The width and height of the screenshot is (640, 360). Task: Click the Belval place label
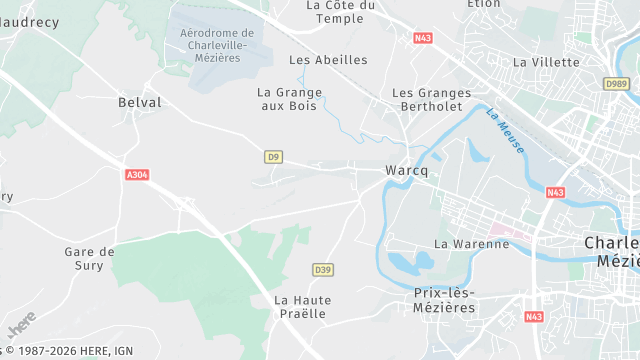139,102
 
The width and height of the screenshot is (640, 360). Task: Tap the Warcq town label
406,171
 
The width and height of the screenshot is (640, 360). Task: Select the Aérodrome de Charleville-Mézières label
216,45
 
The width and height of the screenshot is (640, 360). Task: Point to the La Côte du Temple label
340,12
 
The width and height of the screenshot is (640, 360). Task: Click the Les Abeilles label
327,60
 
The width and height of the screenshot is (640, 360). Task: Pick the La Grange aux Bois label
290,99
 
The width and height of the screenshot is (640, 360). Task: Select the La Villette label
546,62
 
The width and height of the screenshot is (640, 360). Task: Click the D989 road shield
617,84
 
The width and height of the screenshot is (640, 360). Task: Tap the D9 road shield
273,156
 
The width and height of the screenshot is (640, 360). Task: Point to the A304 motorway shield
138,175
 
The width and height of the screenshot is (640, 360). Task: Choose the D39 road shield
322,270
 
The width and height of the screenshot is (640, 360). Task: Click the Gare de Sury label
89,258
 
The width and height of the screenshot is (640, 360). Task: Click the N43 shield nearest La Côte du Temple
422,38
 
